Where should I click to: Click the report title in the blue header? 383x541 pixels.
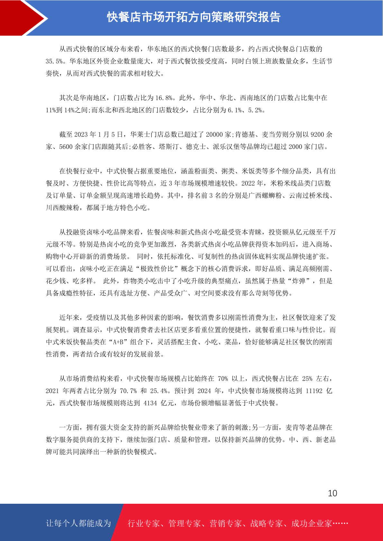coord(194,17)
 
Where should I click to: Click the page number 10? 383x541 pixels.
coord(332,493)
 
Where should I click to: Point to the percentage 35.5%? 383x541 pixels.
coord(54,61)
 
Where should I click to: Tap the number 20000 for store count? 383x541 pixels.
coord(215,135)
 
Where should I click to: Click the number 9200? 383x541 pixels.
coord(317,135)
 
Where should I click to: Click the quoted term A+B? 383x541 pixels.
coord(119,342)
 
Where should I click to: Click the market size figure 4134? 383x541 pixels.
coord(150,403)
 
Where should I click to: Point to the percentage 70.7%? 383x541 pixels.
coord(128,391)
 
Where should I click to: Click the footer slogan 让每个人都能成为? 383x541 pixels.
coord(78,523)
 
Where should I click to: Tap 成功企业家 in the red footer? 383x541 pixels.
coord(311,523)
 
